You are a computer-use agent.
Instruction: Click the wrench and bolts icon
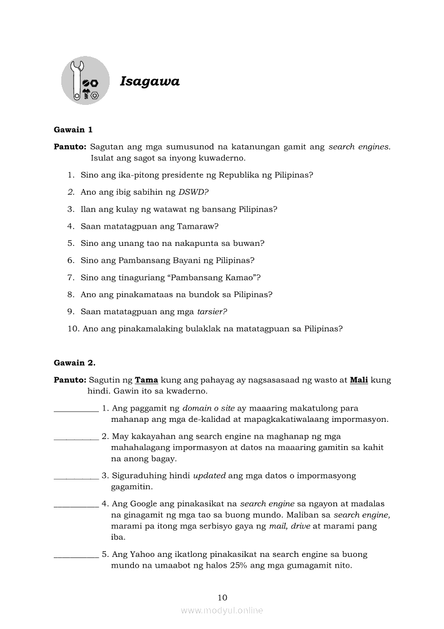click(85, 81)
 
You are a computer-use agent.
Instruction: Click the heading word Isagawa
click(149, 82)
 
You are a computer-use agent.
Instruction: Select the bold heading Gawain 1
click(74, 130)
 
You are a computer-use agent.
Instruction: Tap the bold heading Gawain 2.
click(75, 363)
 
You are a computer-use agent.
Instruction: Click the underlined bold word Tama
click(146, 380)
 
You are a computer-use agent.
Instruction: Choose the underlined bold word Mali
click(359, 380)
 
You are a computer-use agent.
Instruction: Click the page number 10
click(223, 598)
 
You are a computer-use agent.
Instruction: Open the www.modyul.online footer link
click(222, 611)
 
